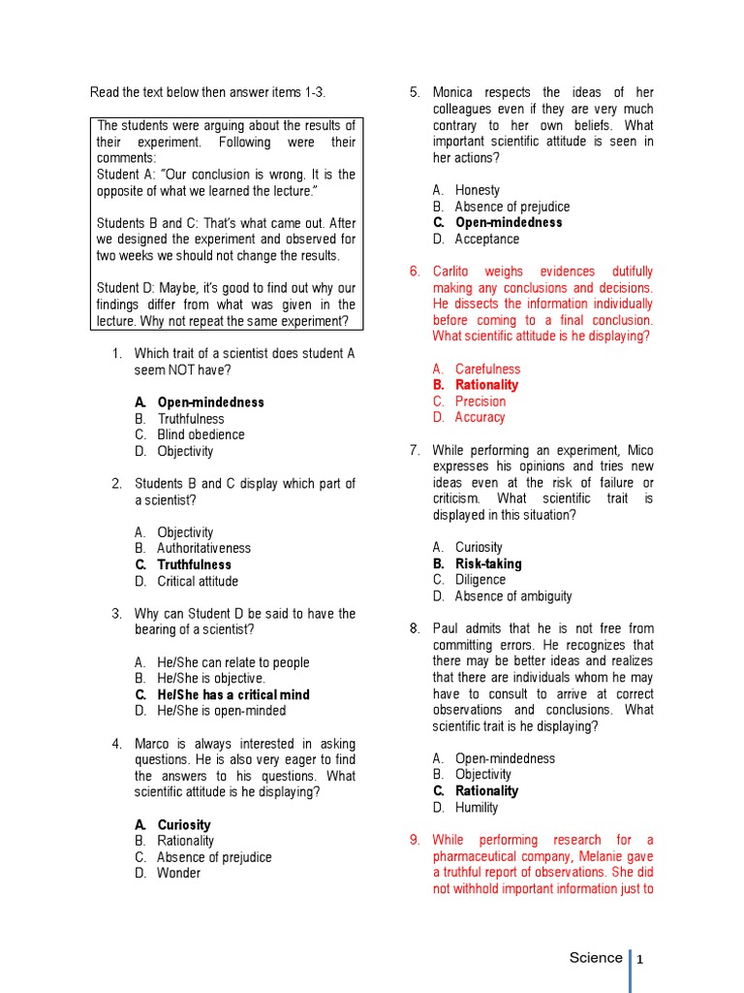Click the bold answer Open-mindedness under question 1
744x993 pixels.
[x=210, y=402]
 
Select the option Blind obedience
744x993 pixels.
[x=201, y=434]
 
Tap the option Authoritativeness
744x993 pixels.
[x=203, y=548]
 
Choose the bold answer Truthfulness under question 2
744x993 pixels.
[x=194, y=564]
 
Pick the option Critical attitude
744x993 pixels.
[x=197, y=581]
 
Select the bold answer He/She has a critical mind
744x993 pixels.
[x=232, y=694]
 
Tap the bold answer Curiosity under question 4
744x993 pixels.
[x=183, y=825]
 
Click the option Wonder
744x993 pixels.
[x=178, y=873]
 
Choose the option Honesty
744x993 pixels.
[x=478, y=190]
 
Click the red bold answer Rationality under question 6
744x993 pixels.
[x=486, y=385]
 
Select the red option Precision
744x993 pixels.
[x=480, y=400]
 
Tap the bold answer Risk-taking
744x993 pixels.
[x=488, y=563]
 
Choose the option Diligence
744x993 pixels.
[x=480, y=580]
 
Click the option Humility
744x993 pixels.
[x=477, y=807]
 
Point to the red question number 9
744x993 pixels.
[x=414, y=840]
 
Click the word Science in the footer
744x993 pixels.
[x=596, y=958]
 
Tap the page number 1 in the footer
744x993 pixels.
[x=640, y=960]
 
